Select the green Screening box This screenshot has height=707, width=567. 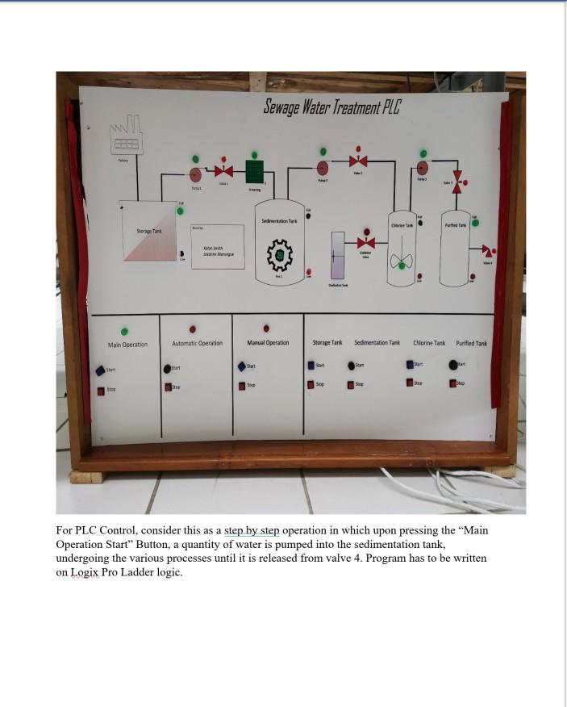[254, 172]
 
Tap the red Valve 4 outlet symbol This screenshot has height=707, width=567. [488, 251]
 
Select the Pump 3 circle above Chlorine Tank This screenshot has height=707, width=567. [421, 168]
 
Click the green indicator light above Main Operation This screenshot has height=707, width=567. [124, 331]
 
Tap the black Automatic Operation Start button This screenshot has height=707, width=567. [167, 368]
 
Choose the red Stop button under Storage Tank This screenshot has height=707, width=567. [311, 384]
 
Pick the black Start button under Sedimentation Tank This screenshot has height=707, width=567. [352, 366]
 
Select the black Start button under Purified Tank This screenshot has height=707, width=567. [453, 365]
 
